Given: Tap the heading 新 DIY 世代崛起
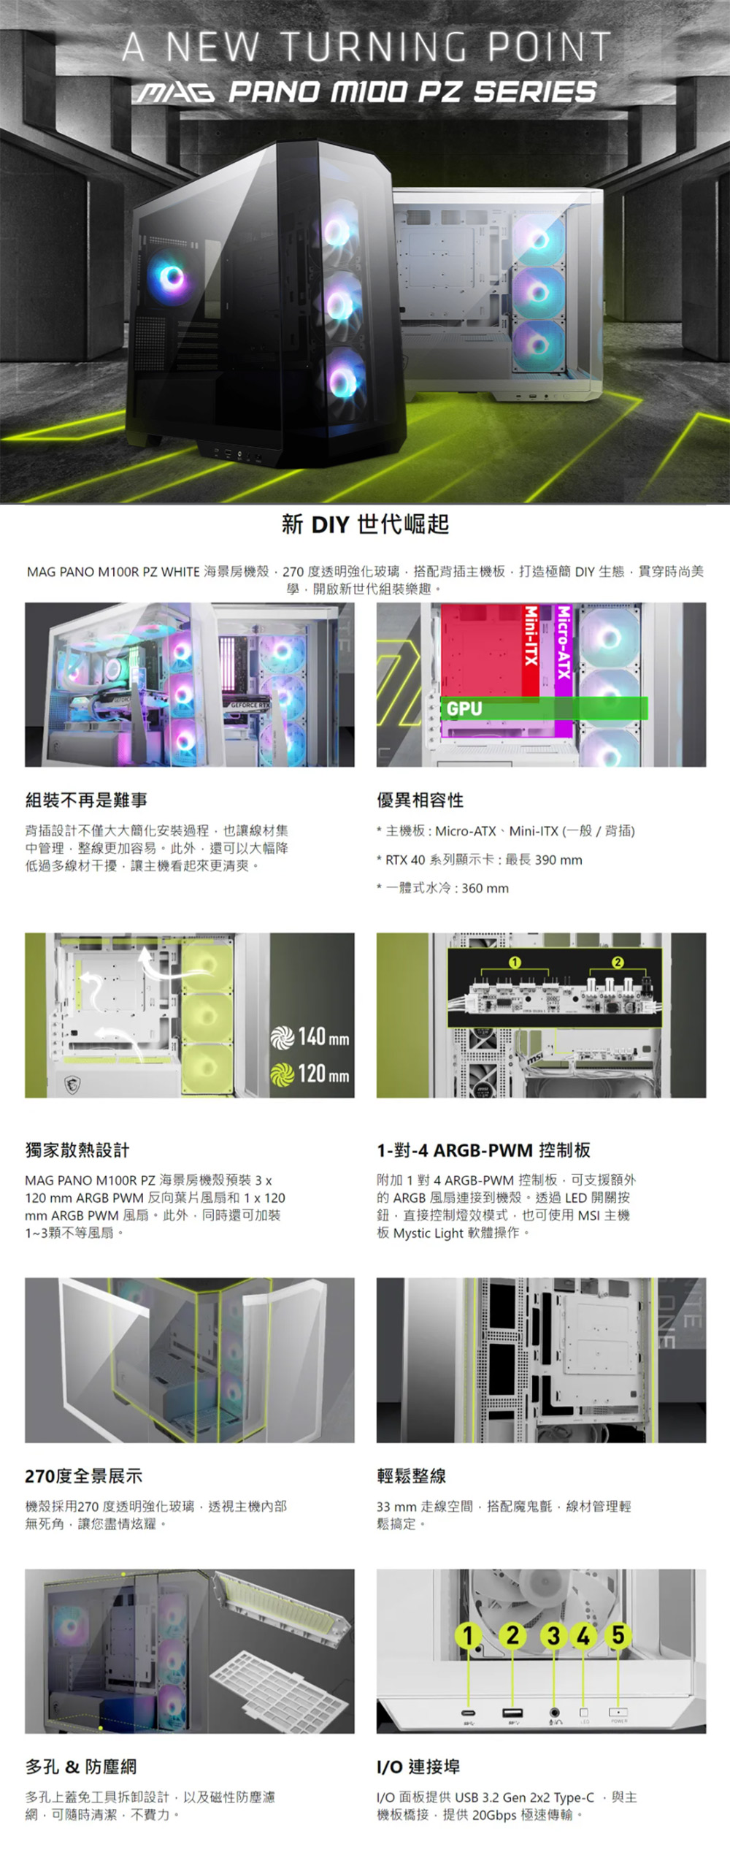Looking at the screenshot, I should point(365,524).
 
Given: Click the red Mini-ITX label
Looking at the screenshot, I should point(531,636).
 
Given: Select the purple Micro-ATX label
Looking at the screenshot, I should point(564,643).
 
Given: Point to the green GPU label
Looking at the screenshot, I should point(464,708).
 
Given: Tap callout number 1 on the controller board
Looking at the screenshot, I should point(515,963).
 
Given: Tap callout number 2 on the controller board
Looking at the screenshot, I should point(618,963).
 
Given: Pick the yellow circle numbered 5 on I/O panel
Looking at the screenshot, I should point(618,1635).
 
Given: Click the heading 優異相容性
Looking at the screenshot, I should point(420,800).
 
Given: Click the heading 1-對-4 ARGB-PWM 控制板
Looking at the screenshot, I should point(483,1150).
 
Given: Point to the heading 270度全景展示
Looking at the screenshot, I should point(83,1476).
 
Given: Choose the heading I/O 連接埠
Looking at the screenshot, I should point(418,1767).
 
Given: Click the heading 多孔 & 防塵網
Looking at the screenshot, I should point(80,1767).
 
